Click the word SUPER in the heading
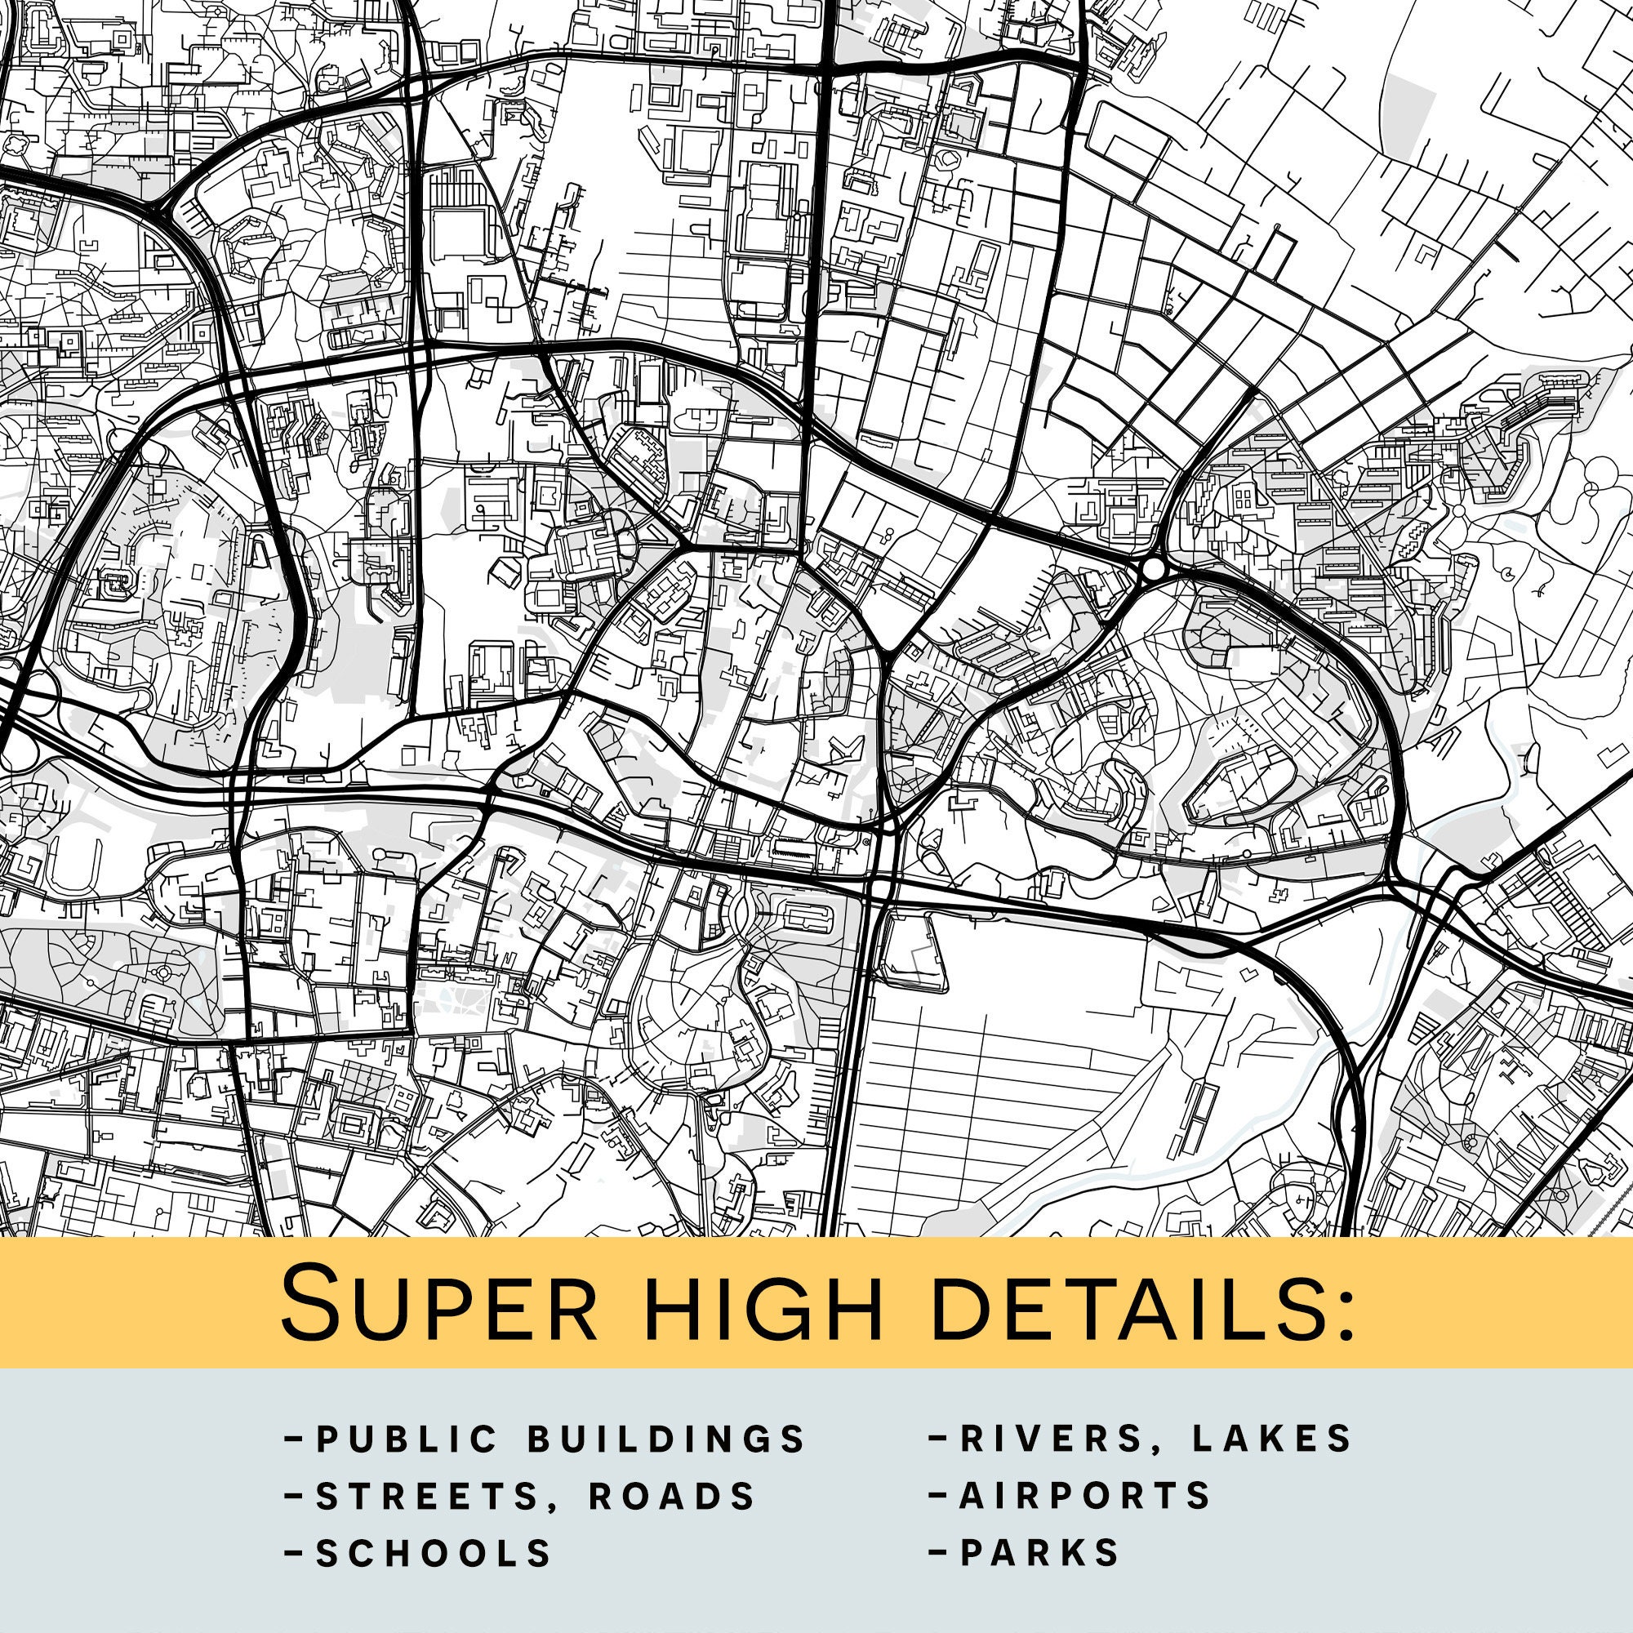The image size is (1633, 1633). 439,1303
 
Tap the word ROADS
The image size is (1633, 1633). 672,1496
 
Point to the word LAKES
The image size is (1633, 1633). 1273,1439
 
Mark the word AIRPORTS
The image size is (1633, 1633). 1086,1496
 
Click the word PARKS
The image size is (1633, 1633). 1040,1553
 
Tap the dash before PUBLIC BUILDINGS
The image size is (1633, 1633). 294,1439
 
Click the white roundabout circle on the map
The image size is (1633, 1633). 1152,570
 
